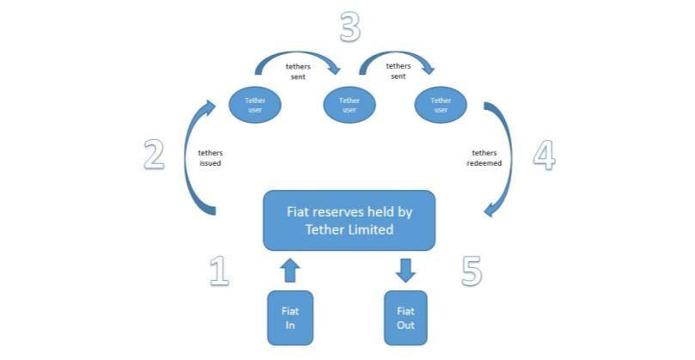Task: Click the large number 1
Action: [219, 271]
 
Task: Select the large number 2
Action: [154, 156]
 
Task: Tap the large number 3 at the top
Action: [348, 28]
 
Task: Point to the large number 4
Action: [544, 156]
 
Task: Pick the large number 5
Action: [471, 271]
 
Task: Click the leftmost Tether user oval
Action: [255, 105]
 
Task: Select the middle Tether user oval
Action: [349, 105]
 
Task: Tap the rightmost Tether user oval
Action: [441, 105]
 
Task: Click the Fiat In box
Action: [290, 317]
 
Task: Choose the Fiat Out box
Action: [405, 317]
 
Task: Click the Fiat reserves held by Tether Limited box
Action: [349, 220]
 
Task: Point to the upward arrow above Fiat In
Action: [290, 271]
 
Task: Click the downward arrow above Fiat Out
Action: [405, 271]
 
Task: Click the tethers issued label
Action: [210, 157]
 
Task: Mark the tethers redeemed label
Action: [486, 157]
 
